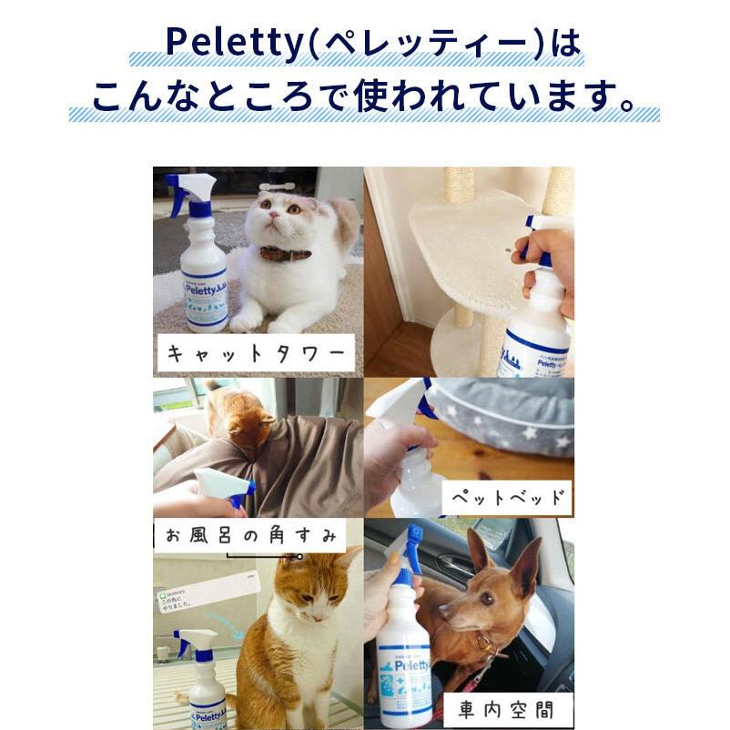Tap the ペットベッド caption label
(x=506, y=499)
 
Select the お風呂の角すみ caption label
(x=248, y=535)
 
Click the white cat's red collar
(x=284, y=254)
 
